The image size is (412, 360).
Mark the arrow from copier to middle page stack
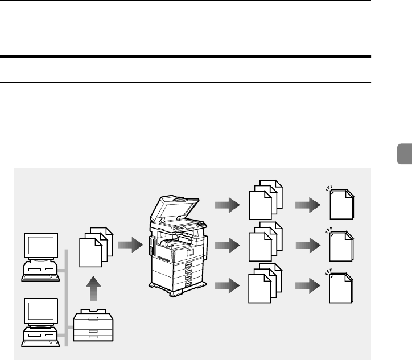[x=227, y=246]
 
